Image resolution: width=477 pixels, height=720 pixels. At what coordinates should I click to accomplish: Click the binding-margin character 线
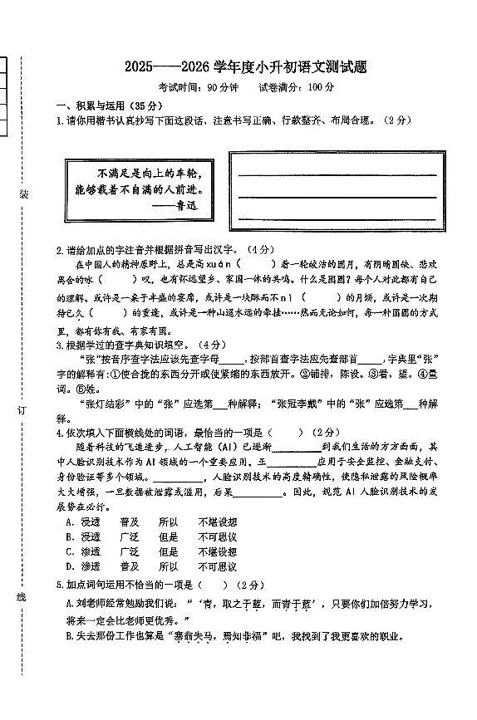[x=23, y=598]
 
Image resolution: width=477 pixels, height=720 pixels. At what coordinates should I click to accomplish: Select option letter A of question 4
[x=70, y=522]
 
